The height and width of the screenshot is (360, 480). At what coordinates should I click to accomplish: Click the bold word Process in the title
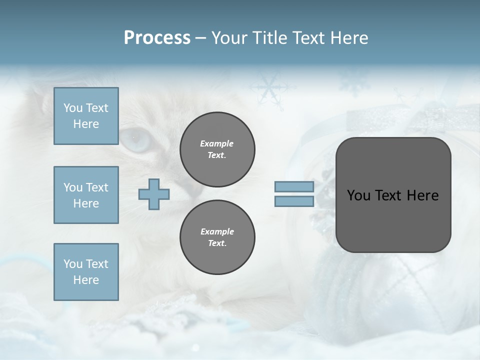(x=157, y=38)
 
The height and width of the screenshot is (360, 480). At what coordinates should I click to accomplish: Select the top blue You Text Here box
(x=86, y=116)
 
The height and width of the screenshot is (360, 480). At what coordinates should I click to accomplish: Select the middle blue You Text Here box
(x=86, y=195)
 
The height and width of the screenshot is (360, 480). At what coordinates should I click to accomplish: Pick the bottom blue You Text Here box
(x=86, y=272)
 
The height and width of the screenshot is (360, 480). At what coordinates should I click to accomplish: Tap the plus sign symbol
(x=154, y=194)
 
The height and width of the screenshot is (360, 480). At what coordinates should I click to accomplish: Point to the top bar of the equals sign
(x=294, y=187)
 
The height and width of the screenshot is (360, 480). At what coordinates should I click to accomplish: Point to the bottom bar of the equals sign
(x=294, y=201)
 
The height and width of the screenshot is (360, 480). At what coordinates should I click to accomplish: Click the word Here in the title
(x=349, y=38)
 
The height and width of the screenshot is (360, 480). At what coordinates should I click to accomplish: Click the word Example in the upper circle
(x=217, y=143)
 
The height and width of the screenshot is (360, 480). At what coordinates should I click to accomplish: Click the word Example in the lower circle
(x=217, y=231)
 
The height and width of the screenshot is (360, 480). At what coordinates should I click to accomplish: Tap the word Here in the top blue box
(x=86, y=124)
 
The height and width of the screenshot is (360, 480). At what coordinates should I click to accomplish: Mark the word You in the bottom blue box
(x=73, y=264)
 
